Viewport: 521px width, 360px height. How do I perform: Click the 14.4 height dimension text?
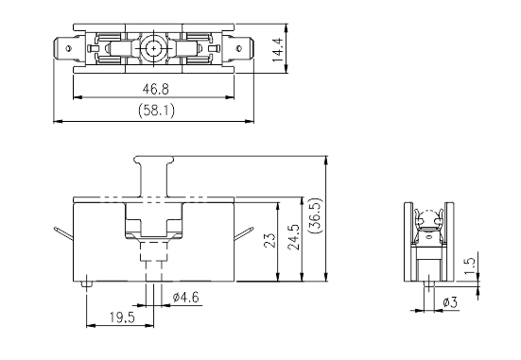[x=278, y=50]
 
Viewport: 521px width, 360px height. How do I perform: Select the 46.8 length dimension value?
[x=155, y=89]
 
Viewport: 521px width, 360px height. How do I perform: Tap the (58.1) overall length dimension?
[x=156, y=111]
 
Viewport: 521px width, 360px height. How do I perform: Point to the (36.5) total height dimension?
[x=316, y=215]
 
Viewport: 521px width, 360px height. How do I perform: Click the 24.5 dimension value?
[x=294, y=237]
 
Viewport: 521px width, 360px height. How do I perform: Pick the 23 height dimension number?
[x=270, y=240]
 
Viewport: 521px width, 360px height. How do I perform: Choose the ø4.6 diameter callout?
[x=186, y=297]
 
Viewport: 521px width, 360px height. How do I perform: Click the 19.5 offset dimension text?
[x=123, y=317]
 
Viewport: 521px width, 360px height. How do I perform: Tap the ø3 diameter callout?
[x=450, y=302]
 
